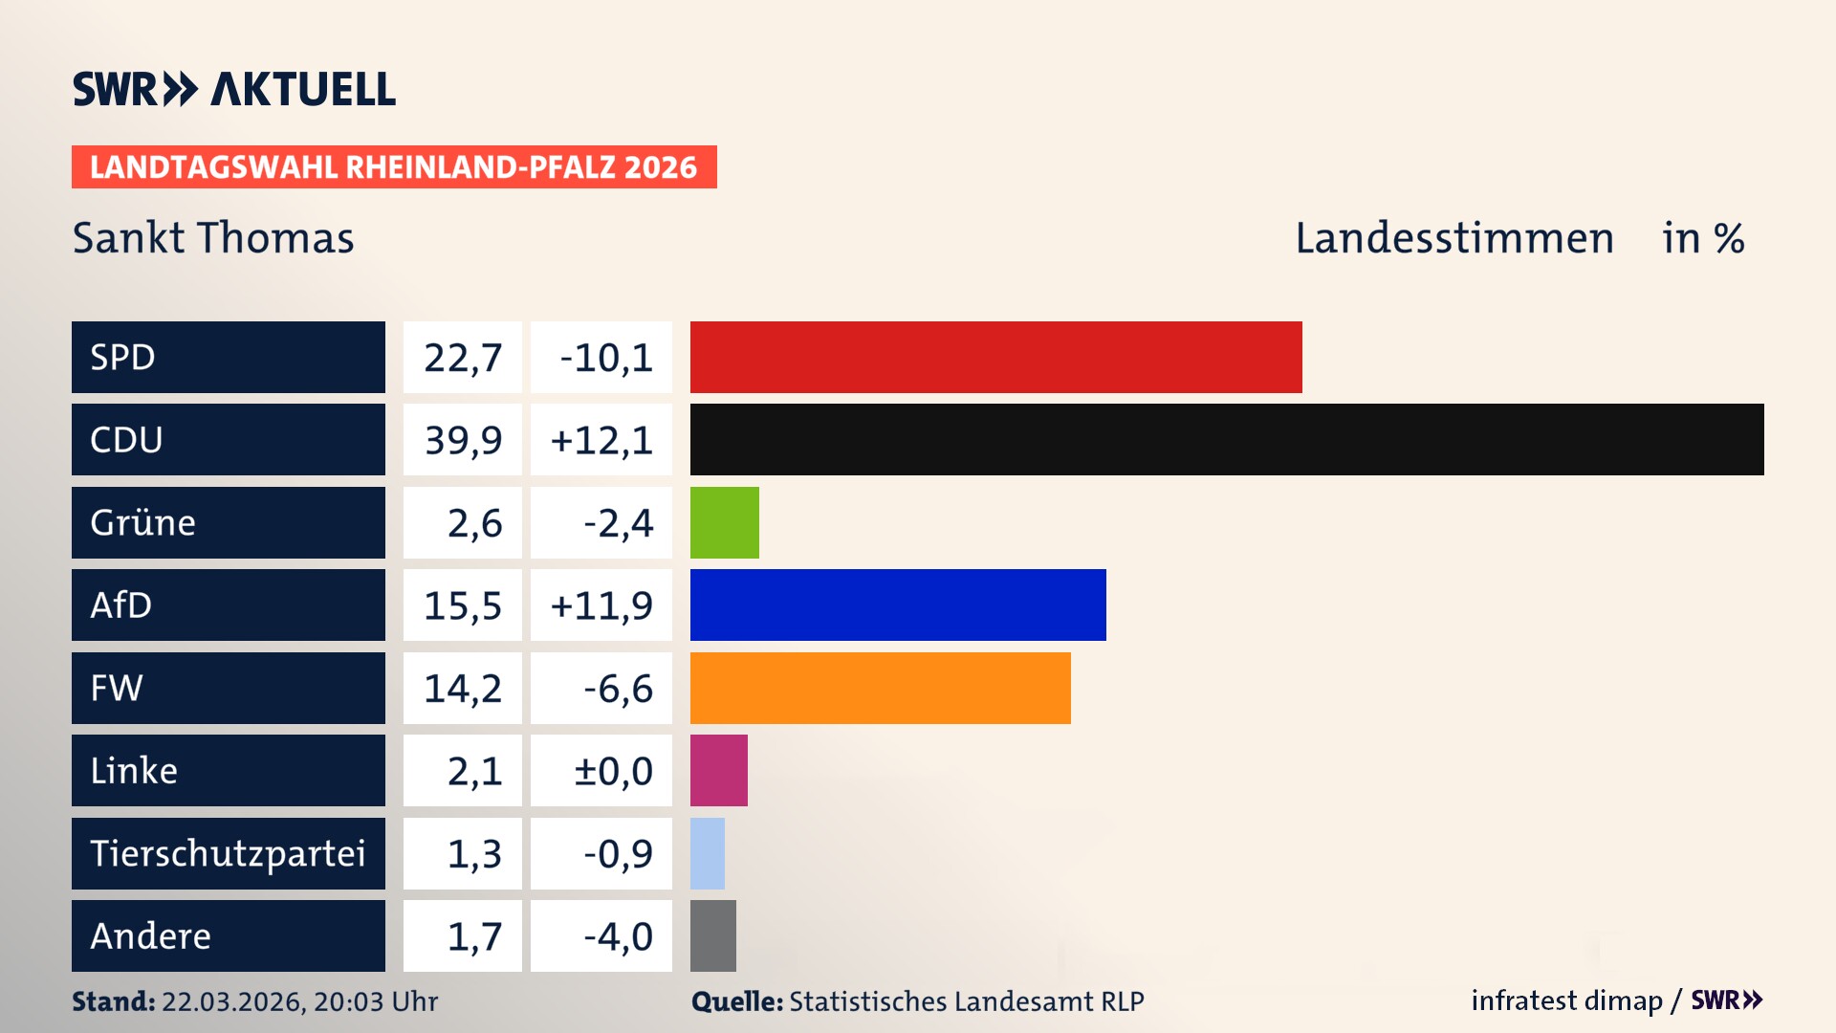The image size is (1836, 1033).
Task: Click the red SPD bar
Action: [995, 357]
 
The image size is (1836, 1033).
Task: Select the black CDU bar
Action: [1226, 439]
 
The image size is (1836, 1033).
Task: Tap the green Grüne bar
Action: [724, 522]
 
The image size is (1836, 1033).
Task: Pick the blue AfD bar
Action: [897, 604]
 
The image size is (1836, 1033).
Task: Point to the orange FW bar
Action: [880, 688]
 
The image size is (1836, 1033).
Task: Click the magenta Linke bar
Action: [718, 770]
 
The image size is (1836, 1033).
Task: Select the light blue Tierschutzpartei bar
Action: [707, 853]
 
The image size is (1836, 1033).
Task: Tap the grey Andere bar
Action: [712, 935]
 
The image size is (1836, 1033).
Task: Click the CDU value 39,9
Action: [463, 440]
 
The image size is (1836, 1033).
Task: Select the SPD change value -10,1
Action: [605, 358]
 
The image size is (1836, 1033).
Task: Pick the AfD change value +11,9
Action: [601, 605]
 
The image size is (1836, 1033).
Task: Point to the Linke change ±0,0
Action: [612, 771]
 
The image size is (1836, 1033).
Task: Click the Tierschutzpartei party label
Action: [228, 853]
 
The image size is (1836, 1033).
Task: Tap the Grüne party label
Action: [143, 522]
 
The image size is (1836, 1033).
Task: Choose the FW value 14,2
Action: [463, 689]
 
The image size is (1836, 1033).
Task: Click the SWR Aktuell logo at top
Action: [233, 89]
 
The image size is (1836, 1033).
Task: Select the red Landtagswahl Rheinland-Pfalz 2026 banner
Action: [394, 167]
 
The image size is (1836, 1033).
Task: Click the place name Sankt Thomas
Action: [213, 238]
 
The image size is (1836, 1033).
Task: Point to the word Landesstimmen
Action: [1453, 238]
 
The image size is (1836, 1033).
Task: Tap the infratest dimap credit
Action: [1565, 1000]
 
